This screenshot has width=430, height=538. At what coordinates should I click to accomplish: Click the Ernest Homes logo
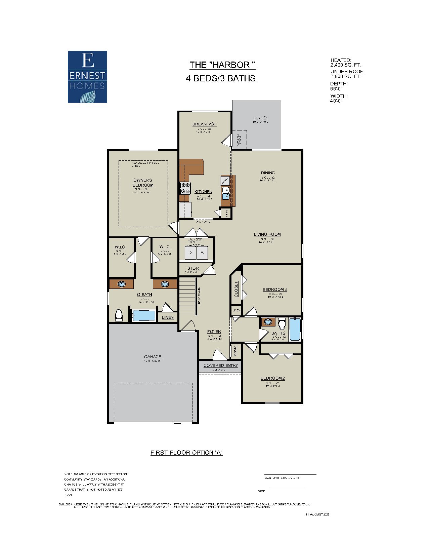point(87,77)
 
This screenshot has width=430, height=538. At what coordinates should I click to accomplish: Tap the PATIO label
point(260,118)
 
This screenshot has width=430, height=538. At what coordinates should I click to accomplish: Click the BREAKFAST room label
point(204,124)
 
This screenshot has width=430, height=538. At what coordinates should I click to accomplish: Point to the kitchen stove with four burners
point(185,188)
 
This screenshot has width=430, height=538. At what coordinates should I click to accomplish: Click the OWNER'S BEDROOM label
point(143,183)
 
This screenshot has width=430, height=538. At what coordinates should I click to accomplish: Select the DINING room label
point(268,173)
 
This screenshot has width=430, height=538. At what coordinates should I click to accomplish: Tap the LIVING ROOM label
point(267,234)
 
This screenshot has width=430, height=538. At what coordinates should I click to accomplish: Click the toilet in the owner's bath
point(119,315)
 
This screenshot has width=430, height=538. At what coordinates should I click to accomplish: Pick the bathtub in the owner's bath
point(144,316)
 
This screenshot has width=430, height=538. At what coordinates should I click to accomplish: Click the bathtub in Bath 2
point(295,330)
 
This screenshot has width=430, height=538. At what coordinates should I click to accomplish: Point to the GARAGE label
point(153,357)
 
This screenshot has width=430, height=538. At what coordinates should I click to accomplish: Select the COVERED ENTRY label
point(220,366)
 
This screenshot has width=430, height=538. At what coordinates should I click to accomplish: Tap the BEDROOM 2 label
point(272,378)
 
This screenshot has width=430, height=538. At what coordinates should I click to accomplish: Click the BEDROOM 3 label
point(274,290)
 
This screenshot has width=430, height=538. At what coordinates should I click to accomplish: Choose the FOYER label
point(214,332)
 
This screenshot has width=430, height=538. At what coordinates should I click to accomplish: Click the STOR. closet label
point(193,268)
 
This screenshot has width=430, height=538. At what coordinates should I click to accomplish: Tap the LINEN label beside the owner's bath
point(168,317)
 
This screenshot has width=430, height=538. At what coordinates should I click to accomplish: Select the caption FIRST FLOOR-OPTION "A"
point(186,453)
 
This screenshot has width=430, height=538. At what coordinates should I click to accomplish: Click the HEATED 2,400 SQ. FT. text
point(345,63)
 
